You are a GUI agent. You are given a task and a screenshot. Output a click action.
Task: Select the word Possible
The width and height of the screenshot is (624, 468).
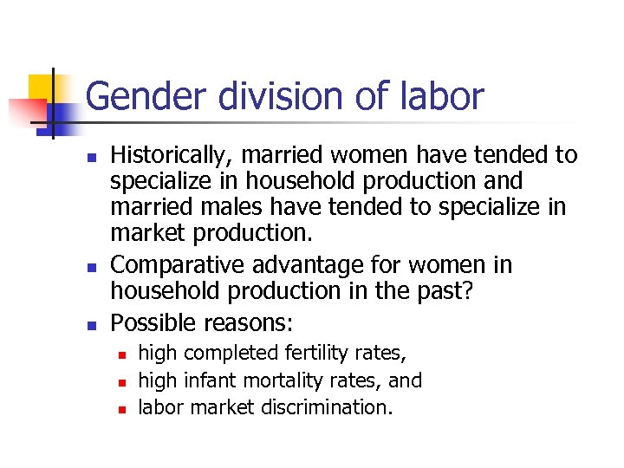click(153, 322)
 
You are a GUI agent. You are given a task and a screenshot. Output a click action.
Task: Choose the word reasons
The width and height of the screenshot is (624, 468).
click(248, 322)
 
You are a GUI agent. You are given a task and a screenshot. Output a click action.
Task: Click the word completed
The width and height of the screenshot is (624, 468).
click(226, 354)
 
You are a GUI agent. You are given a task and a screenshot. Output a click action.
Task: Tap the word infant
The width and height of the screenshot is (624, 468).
click(208, 380)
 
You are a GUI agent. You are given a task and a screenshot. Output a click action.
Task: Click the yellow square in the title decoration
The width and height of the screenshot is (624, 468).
click(41, 88)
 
